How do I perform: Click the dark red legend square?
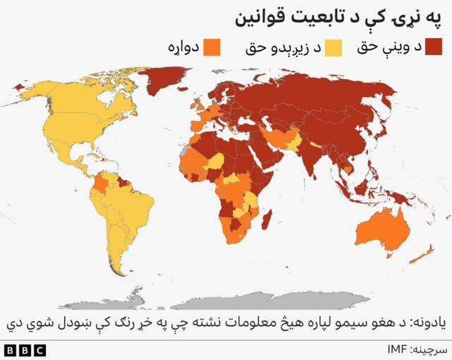(433, 47)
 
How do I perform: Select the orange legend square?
(211, 47)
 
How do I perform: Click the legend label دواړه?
(184, 48)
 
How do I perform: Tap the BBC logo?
(24, 349)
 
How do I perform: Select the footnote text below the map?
(226, 323)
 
